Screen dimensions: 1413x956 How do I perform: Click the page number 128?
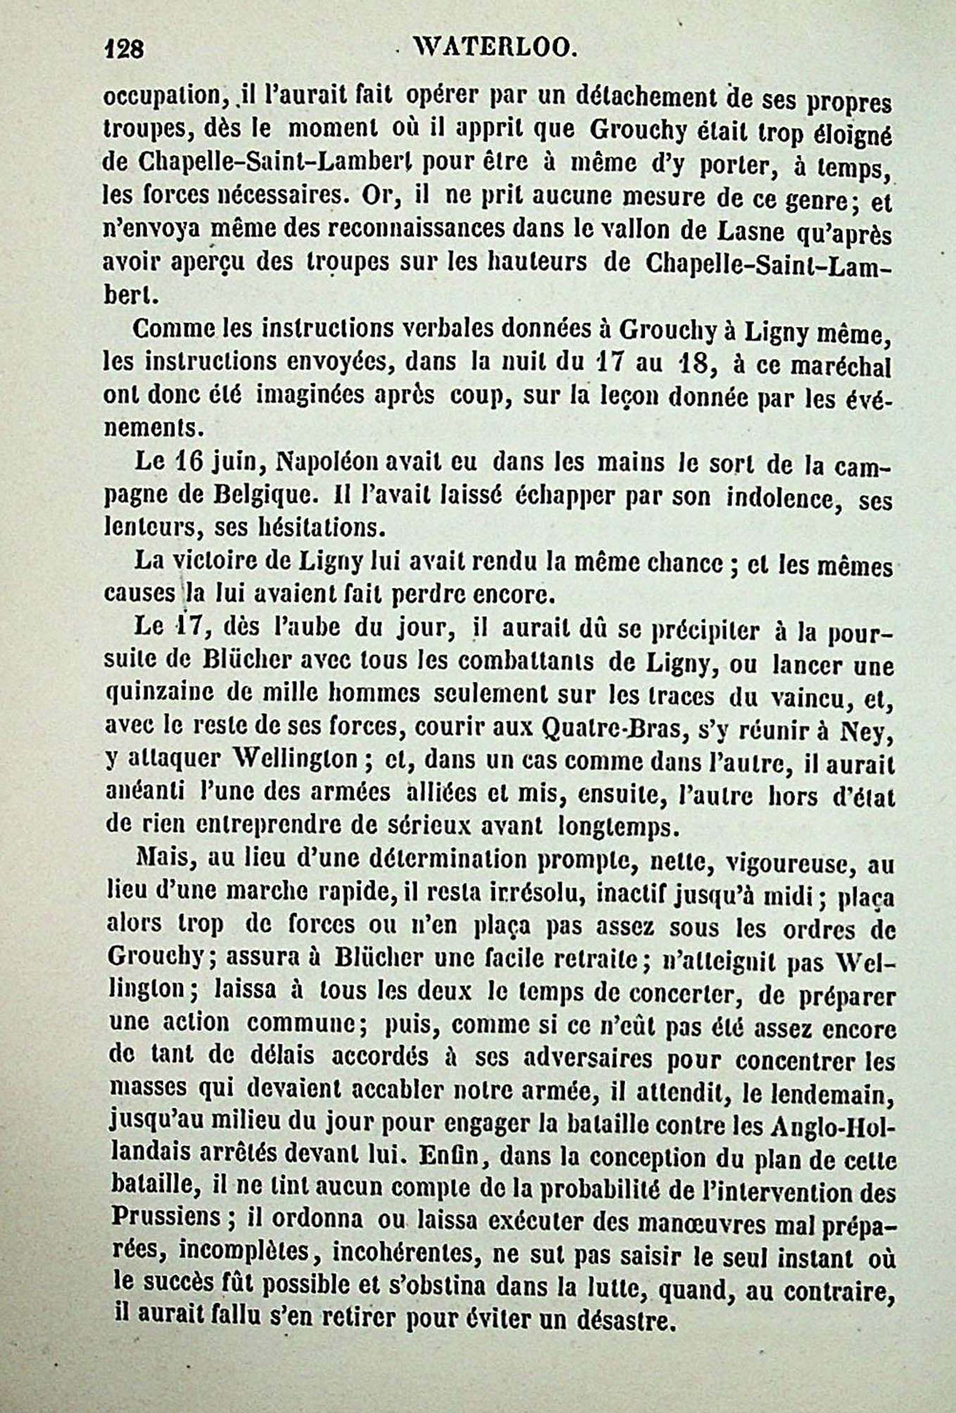(124, 49)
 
